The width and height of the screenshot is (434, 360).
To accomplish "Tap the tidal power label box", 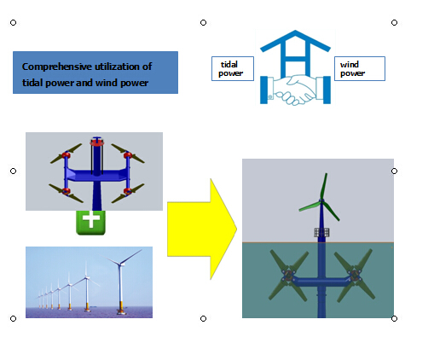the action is pyautogui.click(x=233, y=68).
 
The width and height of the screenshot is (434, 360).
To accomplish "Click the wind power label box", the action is pyautogui.click(x=360, y=68).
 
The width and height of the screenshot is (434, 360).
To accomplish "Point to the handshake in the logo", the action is pyautogui.click(x=295, y=90).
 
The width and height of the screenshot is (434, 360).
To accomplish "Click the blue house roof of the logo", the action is pyautogui.click(x=295, y=41).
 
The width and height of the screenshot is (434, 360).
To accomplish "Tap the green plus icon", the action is pyautogui.click(x=90, y=223).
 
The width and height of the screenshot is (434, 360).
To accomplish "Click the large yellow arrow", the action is pyautogui.click(x=202, y=229).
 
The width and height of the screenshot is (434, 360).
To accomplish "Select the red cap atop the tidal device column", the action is pyautogui.click(x=97, y=142).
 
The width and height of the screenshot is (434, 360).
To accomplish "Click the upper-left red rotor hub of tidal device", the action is pyautogui.click(x=66, y=155).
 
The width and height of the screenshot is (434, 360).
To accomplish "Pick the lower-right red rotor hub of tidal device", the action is pyautogui.click(x=128, y=190).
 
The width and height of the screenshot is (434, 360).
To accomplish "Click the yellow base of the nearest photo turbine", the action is pyautogui.click(x=121, y=306).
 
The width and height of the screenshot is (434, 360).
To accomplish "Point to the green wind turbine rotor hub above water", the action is pyautogui.click(x=321, y=201).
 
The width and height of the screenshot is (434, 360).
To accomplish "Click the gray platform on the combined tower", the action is pyautogui.click(x=321, y=233).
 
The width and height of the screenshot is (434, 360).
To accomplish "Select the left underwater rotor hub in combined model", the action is pyautogui.click(x=288, y=275).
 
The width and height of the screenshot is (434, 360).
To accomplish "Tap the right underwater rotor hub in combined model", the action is pyautogui.click(x=355, y=275).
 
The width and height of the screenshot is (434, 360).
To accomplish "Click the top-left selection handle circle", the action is pyautogui.click(x=13, y=22).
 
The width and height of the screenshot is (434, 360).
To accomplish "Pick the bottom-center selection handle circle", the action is pyautogui.click(x=203, y=318).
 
